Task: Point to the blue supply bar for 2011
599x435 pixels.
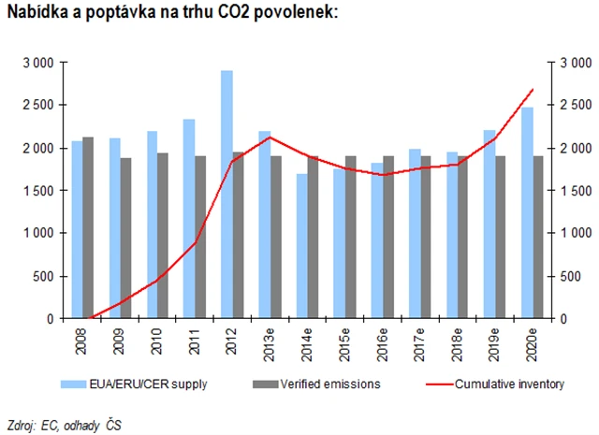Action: [188, 219]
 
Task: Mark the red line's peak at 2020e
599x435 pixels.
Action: [532, 90]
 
